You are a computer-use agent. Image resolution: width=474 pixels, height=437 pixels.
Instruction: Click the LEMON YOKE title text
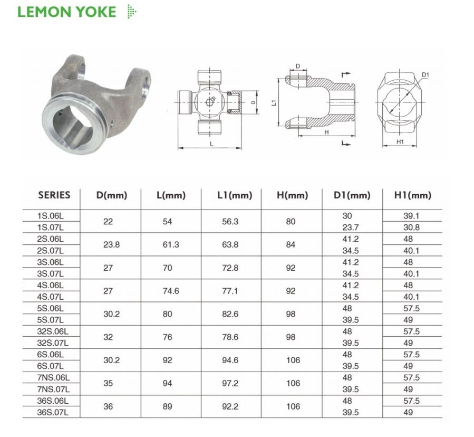(67, 12)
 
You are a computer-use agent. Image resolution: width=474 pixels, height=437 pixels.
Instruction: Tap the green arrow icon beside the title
(131, 12)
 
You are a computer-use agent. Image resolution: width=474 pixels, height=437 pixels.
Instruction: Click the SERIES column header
(54, 195)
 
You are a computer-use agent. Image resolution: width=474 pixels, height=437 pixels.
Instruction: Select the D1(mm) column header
(352, 195)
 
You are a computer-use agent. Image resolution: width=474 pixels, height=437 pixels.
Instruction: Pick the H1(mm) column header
(412, 195)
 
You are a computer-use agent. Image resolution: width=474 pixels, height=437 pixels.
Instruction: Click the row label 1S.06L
(51, 216)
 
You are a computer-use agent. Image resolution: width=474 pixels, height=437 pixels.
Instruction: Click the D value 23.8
(108, 245)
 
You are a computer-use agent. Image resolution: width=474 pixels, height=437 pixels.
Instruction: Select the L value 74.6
(167, 291)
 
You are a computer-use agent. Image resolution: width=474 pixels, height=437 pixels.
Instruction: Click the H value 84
(291, 245)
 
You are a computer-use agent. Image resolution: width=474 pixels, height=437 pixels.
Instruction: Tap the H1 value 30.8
(411, 227)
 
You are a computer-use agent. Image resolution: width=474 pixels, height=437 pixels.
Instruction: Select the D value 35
(108, 383)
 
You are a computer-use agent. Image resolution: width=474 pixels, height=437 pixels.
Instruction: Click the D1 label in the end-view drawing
(425, 75)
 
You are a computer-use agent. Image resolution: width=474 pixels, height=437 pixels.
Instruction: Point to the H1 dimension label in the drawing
(399, 142)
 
